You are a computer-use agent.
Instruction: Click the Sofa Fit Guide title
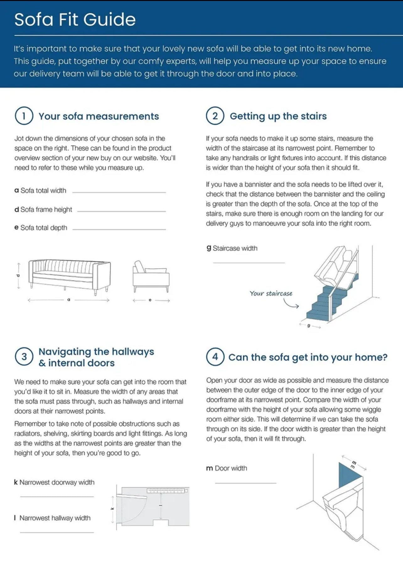(75, 19)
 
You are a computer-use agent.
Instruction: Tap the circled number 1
(24, 116)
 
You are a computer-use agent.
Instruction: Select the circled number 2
(215, 116)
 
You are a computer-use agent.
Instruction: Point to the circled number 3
(24, 357)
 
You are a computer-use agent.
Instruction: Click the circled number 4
(215, 357)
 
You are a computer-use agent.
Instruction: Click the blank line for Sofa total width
(119, 192)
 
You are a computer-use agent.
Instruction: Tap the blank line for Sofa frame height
(121, 211)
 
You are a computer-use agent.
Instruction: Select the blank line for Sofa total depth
(119, 229)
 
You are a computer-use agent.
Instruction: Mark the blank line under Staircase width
(249, 263)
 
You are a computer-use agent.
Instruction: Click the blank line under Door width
(245, 483)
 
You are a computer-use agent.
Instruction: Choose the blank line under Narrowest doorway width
(57, 497)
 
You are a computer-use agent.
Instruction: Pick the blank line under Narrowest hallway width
(57, 532)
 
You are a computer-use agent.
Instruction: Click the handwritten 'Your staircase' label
(271, 294)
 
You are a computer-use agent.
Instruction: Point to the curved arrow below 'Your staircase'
(291, 304)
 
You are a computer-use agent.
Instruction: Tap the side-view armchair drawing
(151, 276)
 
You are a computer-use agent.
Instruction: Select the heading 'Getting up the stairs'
(278, 116)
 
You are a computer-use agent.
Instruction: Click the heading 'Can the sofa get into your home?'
(308, 357)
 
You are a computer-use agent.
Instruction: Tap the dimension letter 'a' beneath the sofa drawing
(69, 300)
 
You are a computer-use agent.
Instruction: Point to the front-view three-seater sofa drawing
(69, 274)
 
